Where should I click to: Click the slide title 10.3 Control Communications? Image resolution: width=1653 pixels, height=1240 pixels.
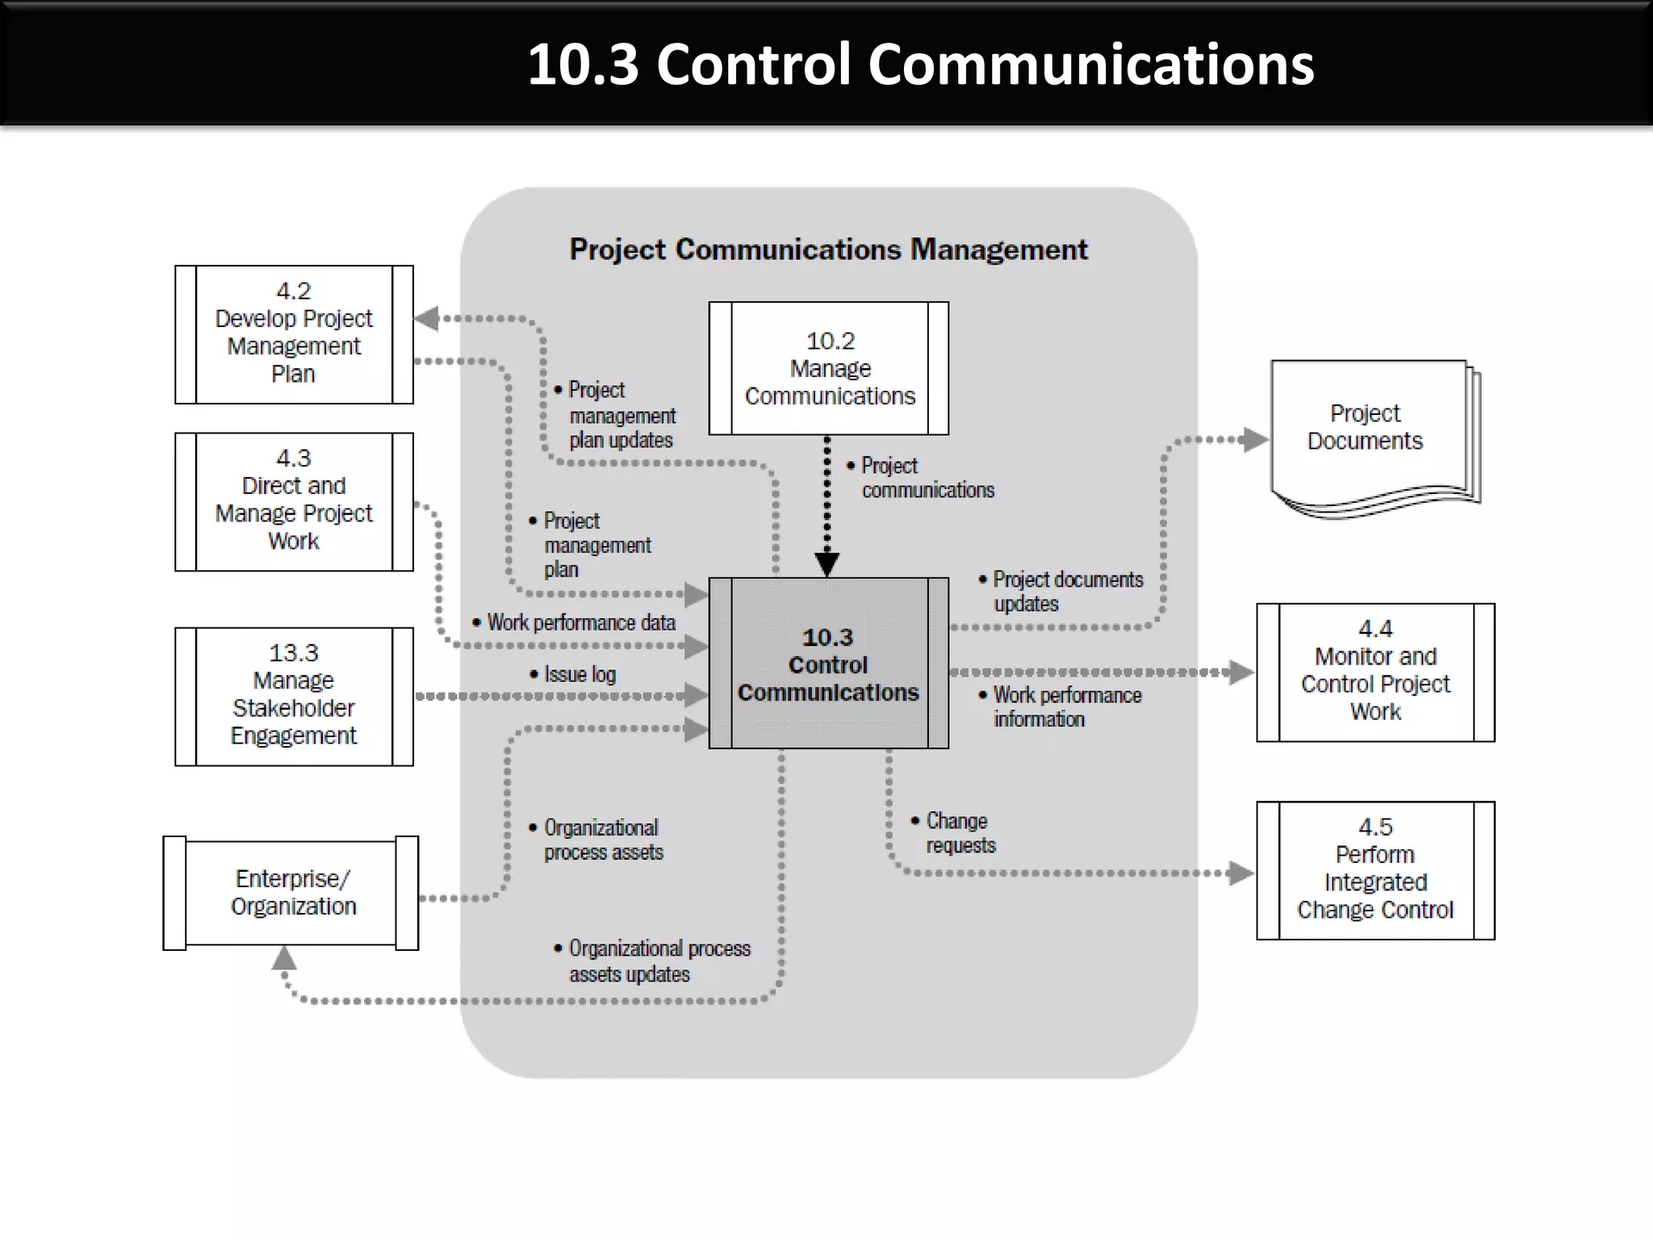pyautogui.click(x=920, y=65)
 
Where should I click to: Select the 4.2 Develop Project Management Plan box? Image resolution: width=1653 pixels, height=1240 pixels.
pyautogui.click(x=294, y=334)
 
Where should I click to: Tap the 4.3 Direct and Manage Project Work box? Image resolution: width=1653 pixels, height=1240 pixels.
pyautogui.click(x=294, y=501)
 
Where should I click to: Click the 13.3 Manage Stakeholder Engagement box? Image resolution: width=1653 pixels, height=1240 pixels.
pyautogui.click(x=294, y=696)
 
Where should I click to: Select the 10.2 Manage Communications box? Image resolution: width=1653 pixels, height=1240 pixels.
pyautogui.click(x=829, y=369)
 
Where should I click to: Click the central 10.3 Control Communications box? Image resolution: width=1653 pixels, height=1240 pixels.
pyautogui.click(x=828, y=664)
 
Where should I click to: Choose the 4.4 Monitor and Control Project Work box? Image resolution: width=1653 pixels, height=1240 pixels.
pyautogui.click(x=1375, y=672)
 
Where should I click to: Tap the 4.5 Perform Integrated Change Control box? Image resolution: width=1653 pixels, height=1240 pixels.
pyautogui.click(x=1375, y=870)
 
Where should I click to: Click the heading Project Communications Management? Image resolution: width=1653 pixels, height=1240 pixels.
pyautogui.click(x=828, y=249)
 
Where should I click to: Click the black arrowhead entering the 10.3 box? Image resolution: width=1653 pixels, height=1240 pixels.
pyautogui.click(x=826, y=563)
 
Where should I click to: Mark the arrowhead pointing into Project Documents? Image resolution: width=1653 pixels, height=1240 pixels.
pyautogui.click(x=1254, y=440)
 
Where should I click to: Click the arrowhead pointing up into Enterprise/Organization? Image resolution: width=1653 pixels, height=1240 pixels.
pyautogui.click(x=283, y=958)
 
